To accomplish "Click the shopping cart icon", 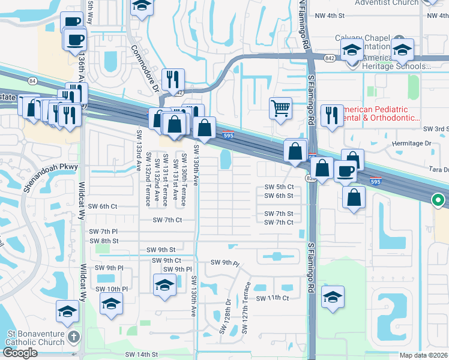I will click(x=280, y=109).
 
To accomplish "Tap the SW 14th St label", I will click(x=141, y=355).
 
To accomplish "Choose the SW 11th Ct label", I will click(x=273, y=298).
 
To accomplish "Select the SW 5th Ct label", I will click(x=279, y=187).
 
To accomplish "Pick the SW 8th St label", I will click(x=104, y=241).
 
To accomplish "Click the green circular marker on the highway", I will click(x=438, y=200).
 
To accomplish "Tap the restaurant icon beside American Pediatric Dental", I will click(x=331, y=115).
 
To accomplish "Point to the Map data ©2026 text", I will click(x=423, y=355).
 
